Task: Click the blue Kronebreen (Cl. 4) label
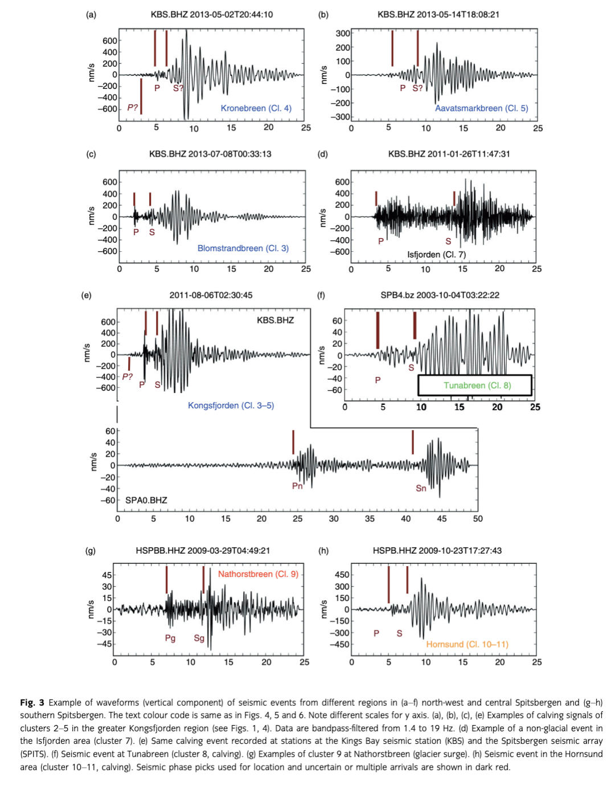coord(256,108)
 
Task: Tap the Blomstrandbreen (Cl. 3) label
coord(243,248)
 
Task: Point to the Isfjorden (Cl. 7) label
coord(436,255)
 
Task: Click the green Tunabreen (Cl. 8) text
coord(477,386)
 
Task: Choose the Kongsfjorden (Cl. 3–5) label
coord(231,406)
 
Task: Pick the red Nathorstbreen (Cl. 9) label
coord(258,574)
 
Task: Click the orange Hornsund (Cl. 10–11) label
coord(467,644)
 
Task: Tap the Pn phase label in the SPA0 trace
coord(297,486)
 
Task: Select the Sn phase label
coord(421,488)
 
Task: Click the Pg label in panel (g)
coord(170,638)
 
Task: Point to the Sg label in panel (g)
coord(199,638)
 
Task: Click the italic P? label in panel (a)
coord(133,107)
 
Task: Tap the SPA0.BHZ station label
coord(146,500)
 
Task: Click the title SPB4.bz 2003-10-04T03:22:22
coord(440,295)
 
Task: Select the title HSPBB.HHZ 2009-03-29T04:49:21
coord(203,551)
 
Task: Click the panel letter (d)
coord(323,154)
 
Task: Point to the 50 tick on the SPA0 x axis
coord(478,519)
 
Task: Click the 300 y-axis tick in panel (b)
coord(343,33)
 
